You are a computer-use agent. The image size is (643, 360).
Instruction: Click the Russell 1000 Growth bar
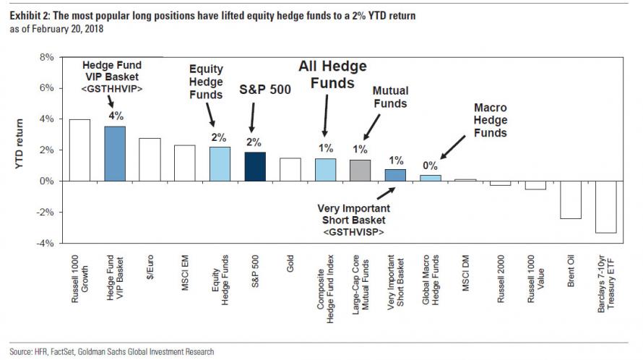click(79, 150)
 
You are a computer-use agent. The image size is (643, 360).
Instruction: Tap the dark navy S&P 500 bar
click(254, 166)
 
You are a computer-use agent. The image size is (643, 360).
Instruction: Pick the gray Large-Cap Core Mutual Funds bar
click(360, 170)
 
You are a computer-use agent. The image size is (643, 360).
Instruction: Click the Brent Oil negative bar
click(571, 200)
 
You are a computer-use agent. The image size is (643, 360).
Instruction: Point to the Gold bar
click(290, 169)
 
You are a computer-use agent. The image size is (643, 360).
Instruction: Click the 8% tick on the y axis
click(45, 57)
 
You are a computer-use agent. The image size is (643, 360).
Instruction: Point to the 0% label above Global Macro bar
click(431, 165)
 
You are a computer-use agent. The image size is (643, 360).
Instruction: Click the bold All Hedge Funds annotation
click(333, 74)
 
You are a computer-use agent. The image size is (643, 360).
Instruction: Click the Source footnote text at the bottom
click(112, 352)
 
